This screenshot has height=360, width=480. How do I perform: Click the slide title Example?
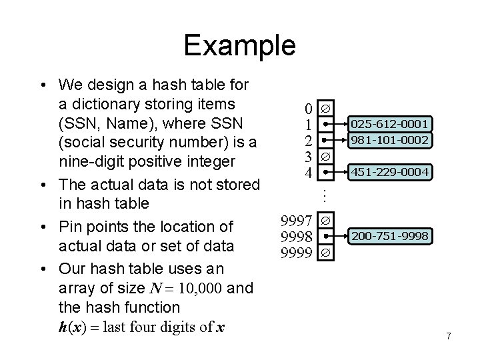click(239, 45)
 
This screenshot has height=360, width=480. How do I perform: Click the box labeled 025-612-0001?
click(390, 123)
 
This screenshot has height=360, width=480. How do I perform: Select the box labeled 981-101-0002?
click(390, 139)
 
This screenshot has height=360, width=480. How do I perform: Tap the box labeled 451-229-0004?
click(390, 173)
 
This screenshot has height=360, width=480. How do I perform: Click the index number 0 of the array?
click(307, 108)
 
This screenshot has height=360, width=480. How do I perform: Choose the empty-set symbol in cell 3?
click(326, 157)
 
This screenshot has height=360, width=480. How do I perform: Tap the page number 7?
click(449, 336)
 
